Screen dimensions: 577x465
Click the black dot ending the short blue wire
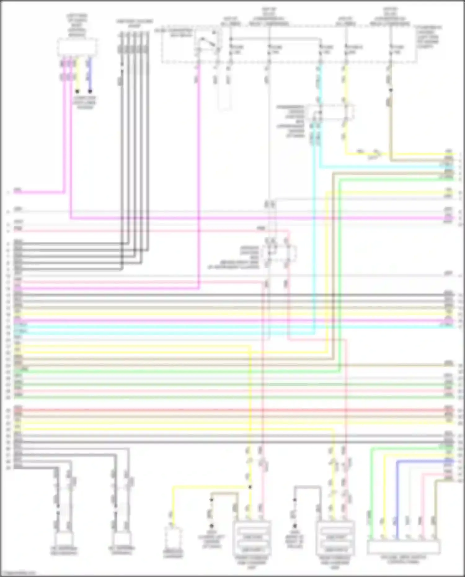(x=90, y=91)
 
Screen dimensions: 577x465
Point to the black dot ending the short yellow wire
(x=77, y=91)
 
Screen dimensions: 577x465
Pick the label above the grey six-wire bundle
(x=134, y=24)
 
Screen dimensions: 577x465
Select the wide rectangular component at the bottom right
(x=403, y=547)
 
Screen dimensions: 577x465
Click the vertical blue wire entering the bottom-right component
(x=397, y=499)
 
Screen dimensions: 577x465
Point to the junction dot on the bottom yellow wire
(x=250, y=487)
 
